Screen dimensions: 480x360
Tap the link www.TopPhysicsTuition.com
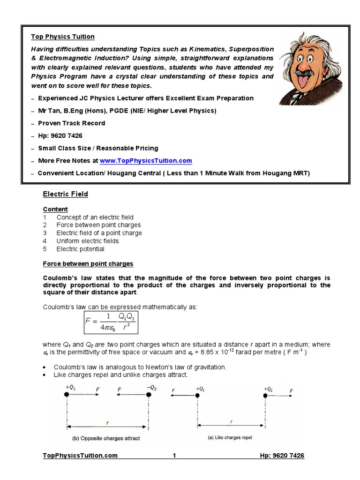tap(145, 161)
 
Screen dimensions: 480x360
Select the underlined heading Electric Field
tap(65, 194)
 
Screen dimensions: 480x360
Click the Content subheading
tap(55, 209)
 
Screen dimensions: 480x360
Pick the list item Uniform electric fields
tap(88, 241)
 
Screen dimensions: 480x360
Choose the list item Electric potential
tap(80, 249)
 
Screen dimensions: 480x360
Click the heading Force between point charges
tap(88, 264)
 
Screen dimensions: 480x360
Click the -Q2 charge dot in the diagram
tap(149, 395)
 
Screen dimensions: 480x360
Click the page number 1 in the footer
tap(174, 456)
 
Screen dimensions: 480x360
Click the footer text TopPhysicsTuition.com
tap(80, 456)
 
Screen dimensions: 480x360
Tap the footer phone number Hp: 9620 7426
tap(282, 456)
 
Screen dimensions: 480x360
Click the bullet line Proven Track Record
tap(71, 123)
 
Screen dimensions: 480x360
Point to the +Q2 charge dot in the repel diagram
tap(265, 396)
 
